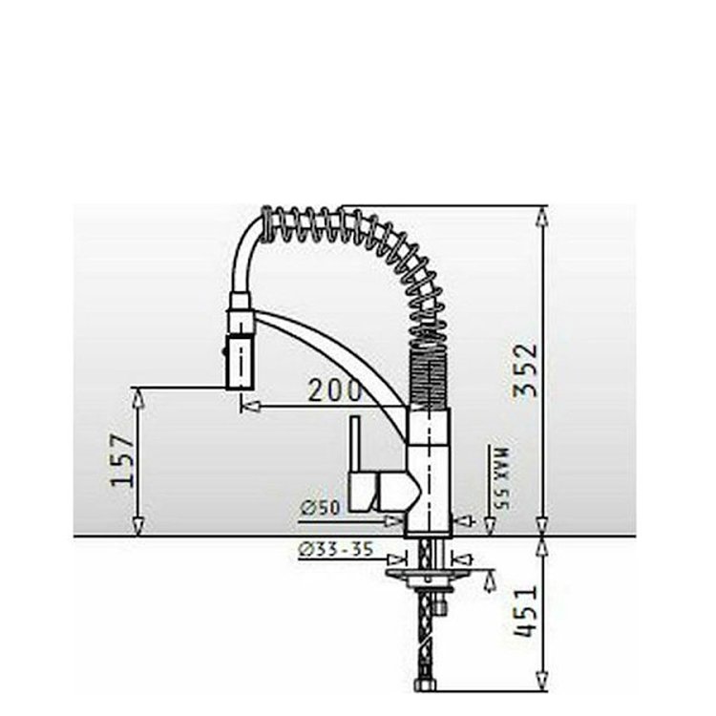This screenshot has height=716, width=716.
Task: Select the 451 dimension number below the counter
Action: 525,611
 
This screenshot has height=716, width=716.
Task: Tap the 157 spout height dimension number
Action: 122,460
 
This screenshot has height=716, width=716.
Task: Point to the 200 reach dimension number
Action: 335,390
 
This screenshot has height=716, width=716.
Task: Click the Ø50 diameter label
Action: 321,508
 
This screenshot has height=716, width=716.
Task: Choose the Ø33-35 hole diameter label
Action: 336,549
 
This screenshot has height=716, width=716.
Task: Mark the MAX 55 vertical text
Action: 502,477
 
